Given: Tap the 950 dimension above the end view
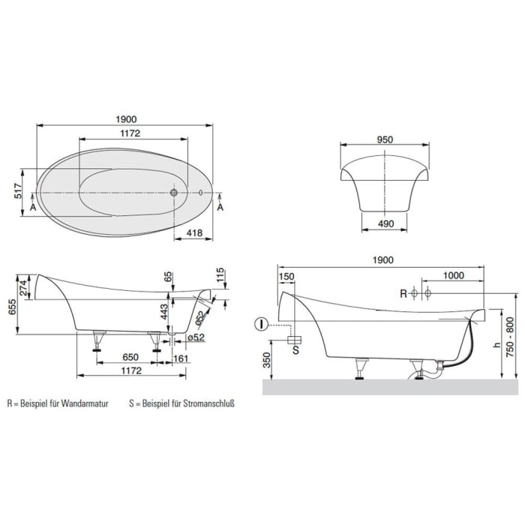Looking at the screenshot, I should click(x=385, y=139).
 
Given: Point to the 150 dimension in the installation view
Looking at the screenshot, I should click(x=286, y=276).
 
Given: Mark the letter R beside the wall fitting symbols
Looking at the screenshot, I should click(x=403, y=293).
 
